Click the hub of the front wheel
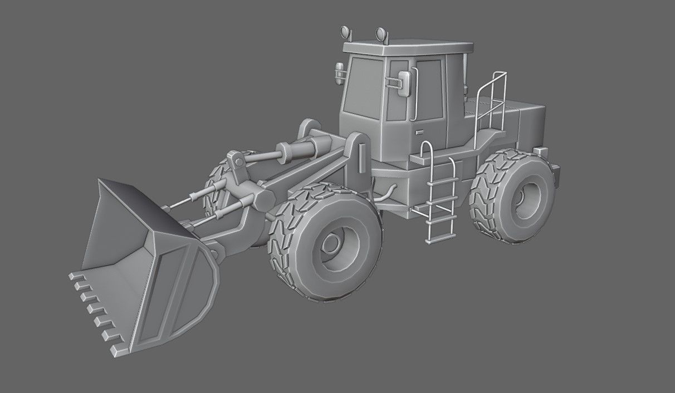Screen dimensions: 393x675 (x=332, y=243)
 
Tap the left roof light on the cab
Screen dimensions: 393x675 (x=345, y=32)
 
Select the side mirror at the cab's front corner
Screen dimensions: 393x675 (x=339, y=73)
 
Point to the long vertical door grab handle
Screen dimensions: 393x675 (x=414, y=95)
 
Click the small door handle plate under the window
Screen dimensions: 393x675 (x=419, y=132)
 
